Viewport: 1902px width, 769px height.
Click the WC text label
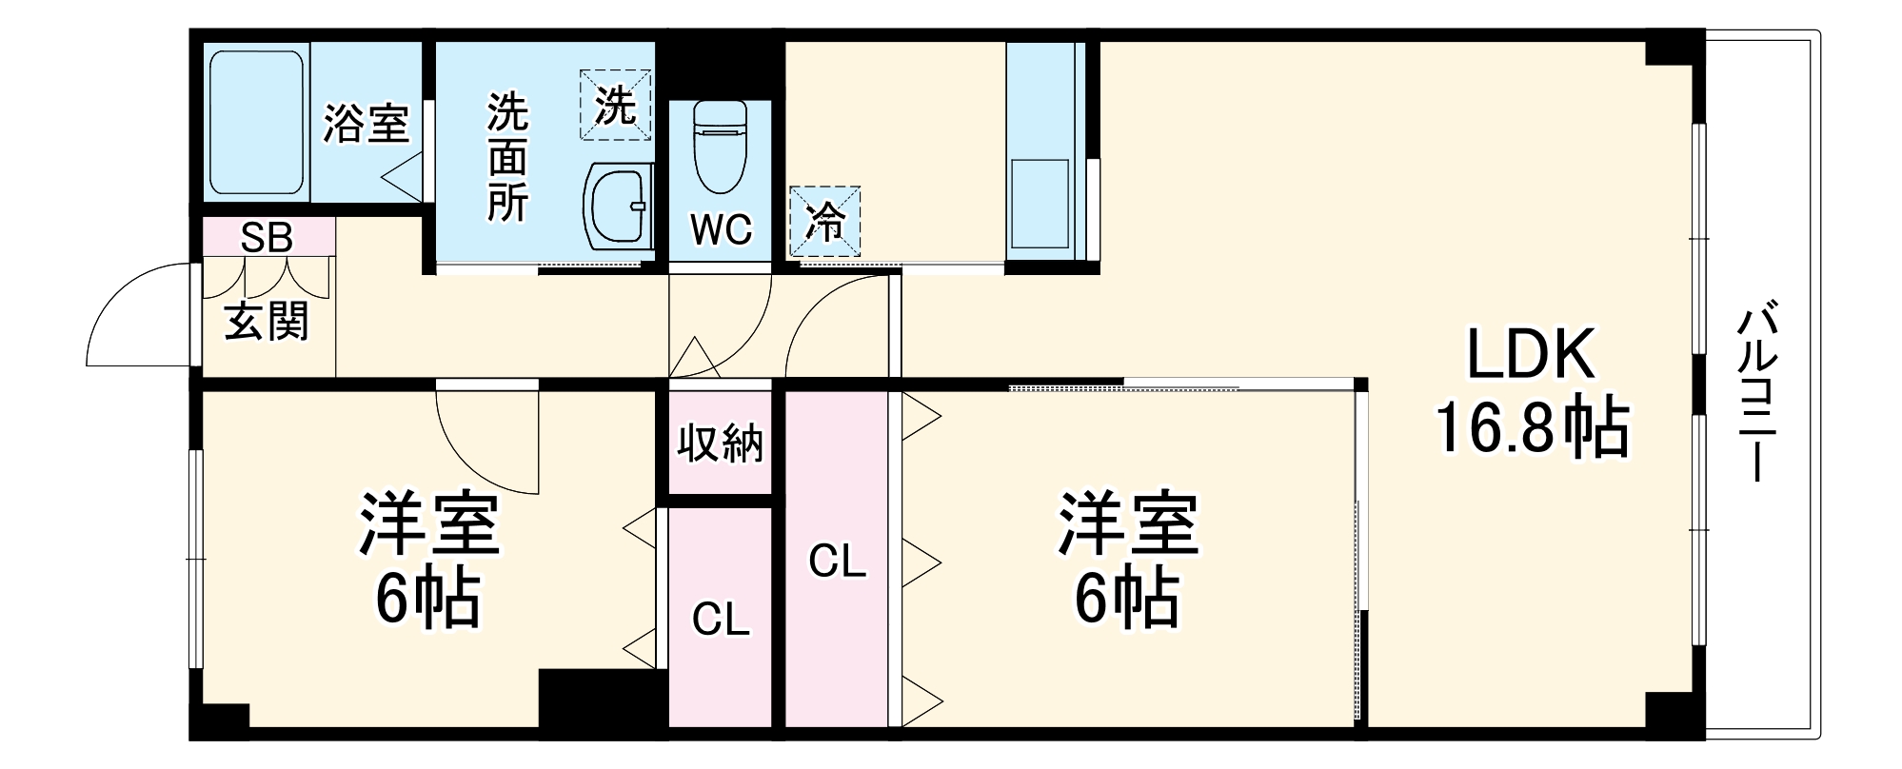click(x=721, y=229)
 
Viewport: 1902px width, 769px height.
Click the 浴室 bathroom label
click(x=366, y=124)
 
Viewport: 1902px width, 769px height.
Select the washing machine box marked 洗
click(x=615, y=105)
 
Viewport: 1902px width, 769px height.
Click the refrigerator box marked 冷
click(x=824, y=222)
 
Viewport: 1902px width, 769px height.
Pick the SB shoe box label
click(x=267, y=237)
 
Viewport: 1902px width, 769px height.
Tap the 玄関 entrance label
click(x=267, y=322)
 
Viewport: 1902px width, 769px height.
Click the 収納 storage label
click(x=720, y=444)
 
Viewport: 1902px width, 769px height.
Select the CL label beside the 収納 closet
click(x=721, y=620)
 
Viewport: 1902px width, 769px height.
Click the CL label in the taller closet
click(x=837, y=562)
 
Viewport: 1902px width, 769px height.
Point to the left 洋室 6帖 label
click(x=427, y=560)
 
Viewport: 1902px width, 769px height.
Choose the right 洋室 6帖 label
click(x=1128, y=560)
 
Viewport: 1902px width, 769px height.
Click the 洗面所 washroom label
click(x=507, y=157)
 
